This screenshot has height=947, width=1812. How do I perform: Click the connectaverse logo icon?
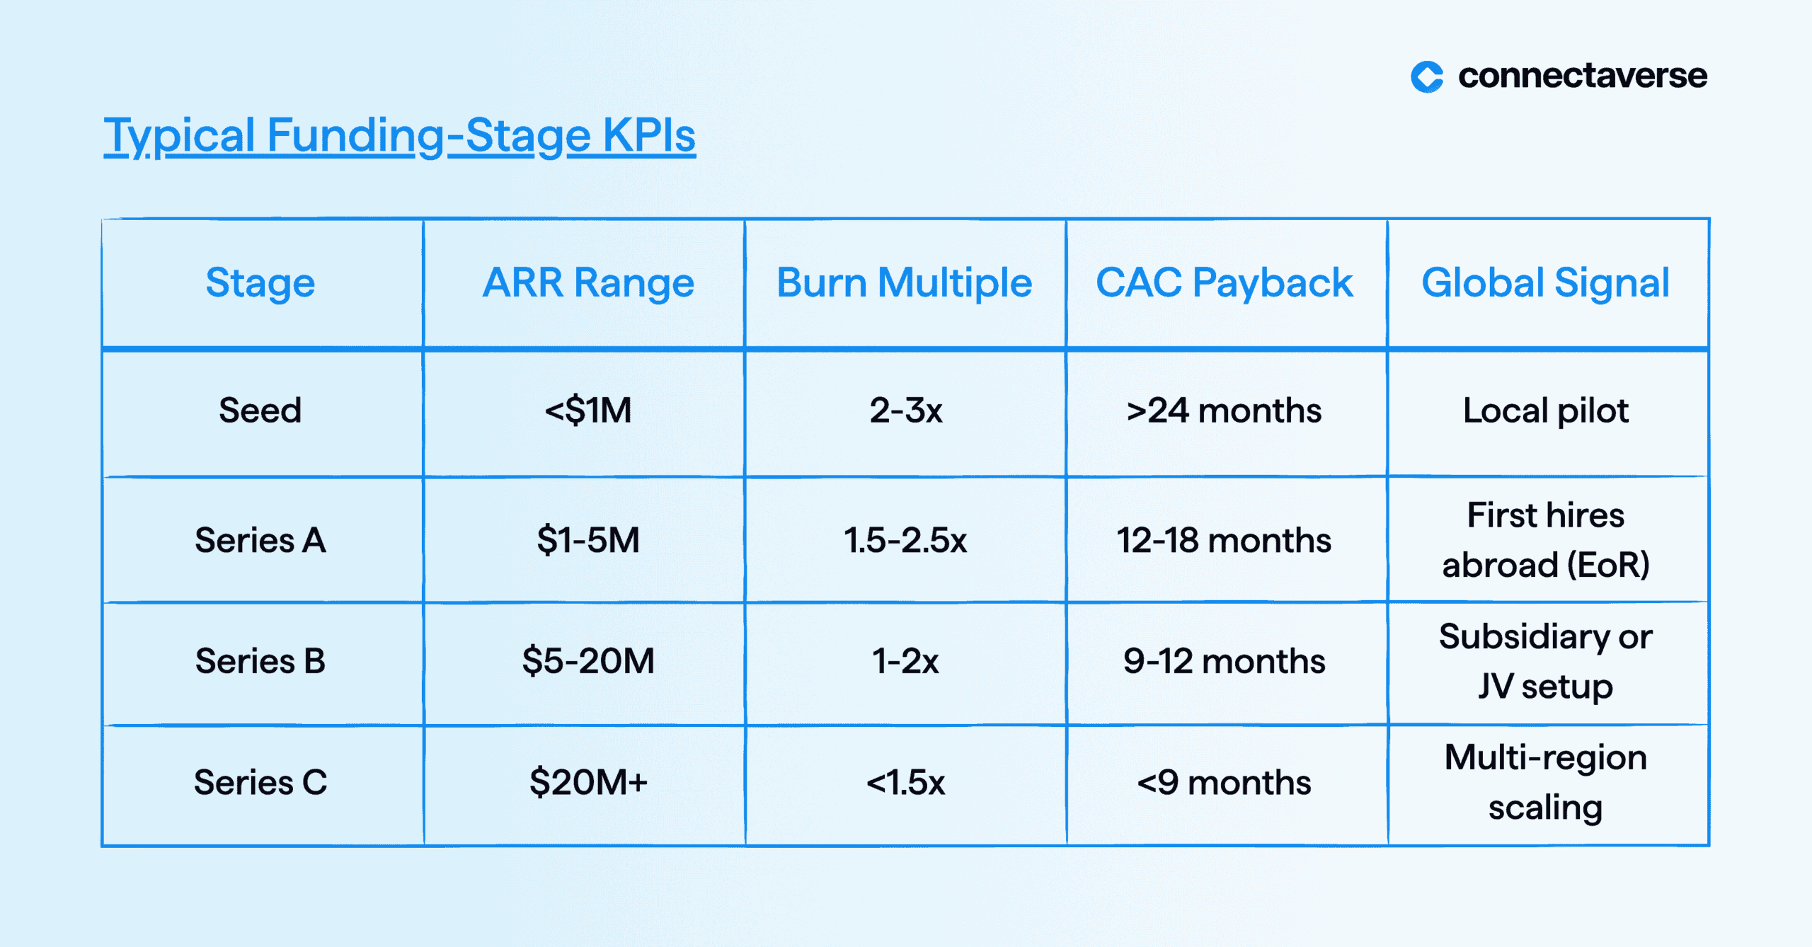pyautogui.click(x=1426, y=76)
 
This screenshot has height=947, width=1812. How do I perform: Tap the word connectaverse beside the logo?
pyautogui.click(x=1583, y=76)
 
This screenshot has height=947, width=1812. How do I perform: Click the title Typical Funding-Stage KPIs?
pyautogui.click(x=400, y=136)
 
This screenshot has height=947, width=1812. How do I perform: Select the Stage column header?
pyautogui.click(x=260, y=283)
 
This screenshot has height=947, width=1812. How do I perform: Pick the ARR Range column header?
pyautogui.click(x=588, y=283)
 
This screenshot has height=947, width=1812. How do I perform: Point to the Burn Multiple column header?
pyautogui.click(x=905, y=283)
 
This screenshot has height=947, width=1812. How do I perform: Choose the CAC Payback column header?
pyautogui.click(x=1225, y=283)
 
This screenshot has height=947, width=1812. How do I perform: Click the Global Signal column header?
pyautogui.click(x=1546, y=283)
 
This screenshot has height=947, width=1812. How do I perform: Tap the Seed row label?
pyautogui.click(x=260, y=411)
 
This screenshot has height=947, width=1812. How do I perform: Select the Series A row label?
pyautogui.click(x=260, y=541)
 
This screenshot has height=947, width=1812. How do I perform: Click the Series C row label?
pyautogui.click(x=260, y=783)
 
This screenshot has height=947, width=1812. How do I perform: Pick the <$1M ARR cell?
pyautogui.click(x=588, y=411)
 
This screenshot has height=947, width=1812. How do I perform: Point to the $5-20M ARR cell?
pyautogui.click(x=588, y=661)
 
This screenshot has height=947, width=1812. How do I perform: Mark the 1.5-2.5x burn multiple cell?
pyautogui.click(x=905, y=541)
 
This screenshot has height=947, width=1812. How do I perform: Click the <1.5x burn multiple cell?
pyautogui.click(x=905, y=783)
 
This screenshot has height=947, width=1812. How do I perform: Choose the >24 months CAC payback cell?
pyautogui.click(x=1225, y=411)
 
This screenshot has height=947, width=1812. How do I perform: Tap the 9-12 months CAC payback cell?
pyautogui.click(x=1225, y=661)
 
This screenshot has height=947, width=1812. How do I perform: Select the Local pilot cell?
pyautogui.click(x=1546, y=411)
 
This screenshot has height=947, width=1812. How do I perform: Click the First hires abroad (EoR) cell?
pyautogui.click(x=1546, y=540)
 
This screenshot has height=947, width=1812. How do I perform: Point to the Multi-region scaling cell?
pyautogui.click(x=1546, y=783)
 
